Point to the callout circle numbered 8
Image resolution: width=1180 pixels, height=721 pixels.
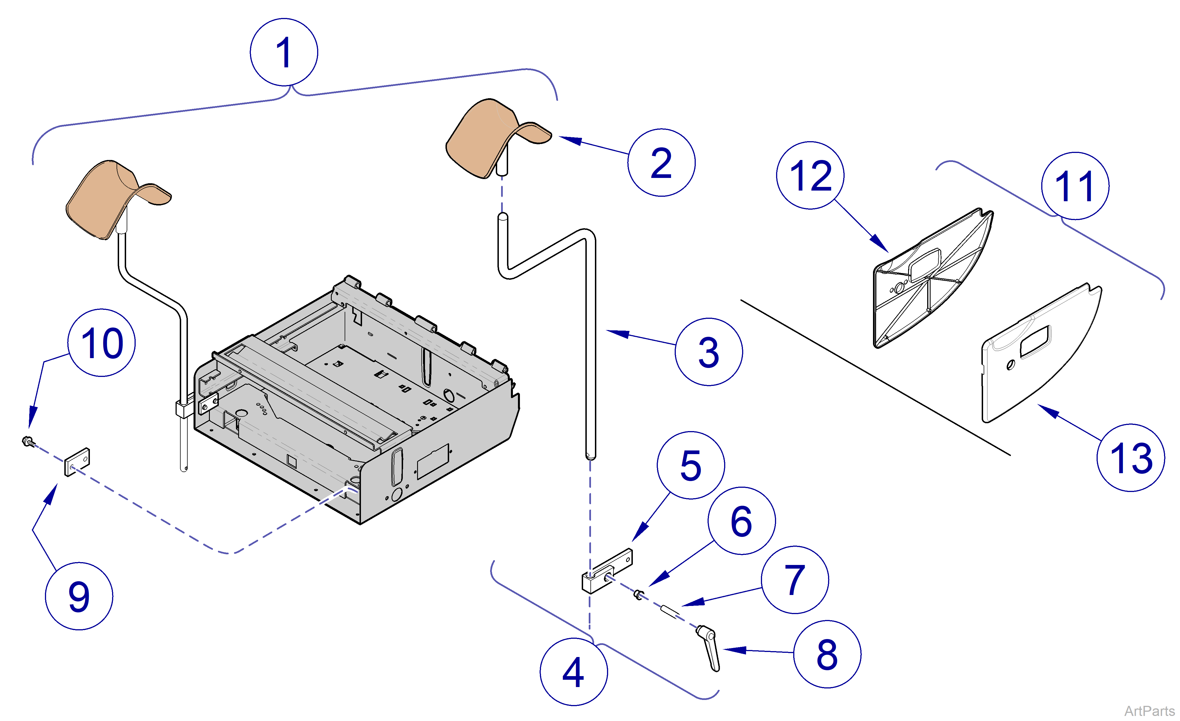pos(827,654)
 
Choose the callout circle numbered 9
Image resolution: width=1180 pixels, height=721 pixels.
pos(79,596)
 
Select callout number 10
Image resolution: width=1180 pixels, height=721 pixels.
pos(101,343)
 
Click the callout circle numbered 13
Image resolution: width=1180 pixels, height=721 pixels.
pos(1131,458)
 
